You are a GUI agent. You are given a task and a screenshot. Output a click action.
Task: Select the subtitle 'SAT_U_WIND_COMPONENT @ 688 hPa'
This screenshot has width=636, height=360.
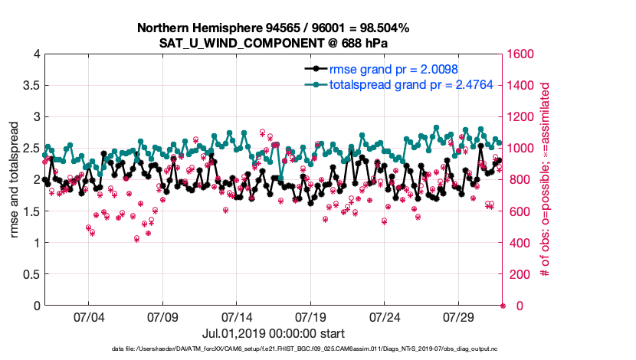point(274,43)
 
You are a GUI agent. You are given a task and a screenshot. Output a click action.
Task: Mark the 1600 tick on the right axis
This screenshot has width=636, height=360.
point(523,54)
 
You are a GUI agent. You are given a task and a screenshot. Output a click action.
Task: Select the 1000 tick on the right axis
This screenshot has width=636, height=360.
point(523,149)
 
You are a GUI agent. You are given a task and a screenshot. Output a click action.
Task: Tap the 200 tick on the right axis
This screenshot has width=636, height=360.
point(520,274)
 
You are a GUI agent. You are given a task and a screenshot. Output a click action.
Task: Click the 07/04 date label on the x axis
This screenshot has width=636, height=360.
point(88,317)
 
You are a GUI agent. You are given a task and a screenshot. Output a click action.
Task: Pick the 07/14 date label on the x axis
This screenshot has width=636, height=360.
point(237,317)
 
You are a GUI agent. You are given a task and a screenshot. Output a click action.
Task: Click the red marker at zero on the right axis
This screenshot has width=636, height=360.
point(503,306)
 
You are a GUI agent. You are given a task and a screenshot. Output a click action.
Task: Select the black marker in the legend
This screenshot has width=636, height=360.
point(313,70)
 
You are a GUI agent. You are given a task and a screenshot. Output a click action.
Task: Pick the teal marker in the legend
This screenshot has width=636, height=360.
point(313,84)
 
